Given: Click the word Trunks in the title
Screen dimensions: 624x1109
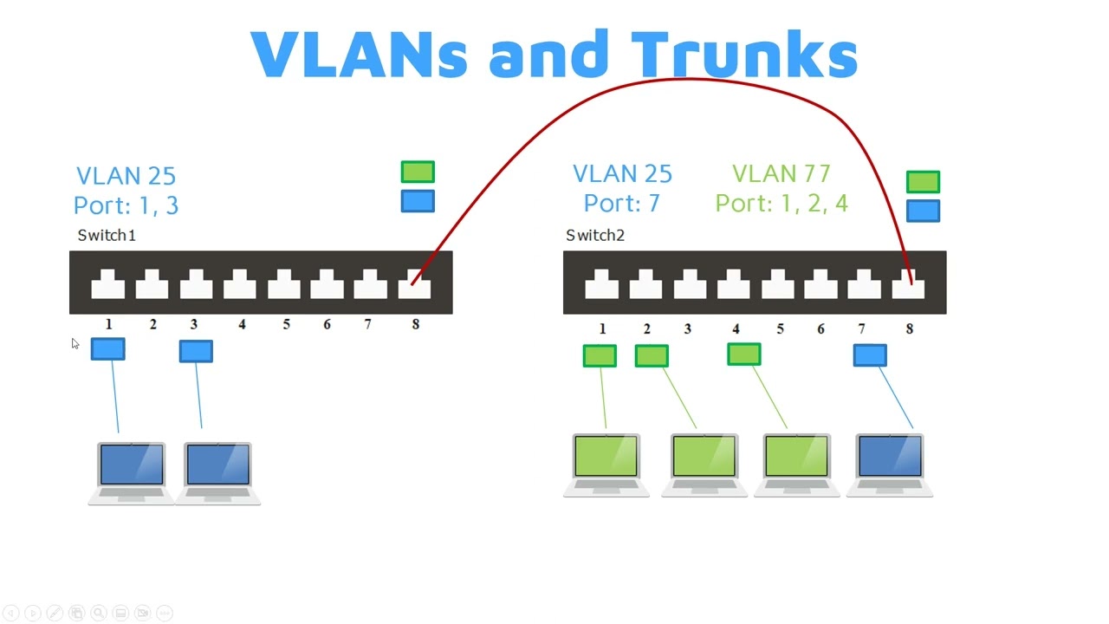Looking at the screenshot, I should [x=743, y=55].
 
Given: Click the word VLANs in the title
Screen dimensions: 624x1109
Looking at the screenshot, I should [x=359, y=55].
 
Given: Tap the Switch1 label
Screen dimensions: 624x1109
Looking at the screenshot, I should [x=107, y=235].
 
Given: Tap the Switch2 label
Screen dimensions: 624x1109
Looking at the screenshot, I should [x=595, y=235].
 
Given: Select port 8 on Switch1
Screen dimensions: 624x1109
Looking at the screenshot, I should [x=414, y=284].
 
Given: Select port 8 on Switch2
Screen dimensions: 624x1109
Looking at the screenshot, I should [x=908, y=284].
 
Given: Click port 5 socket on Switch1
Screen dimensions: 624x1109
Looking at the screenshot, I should [x=283, y=284].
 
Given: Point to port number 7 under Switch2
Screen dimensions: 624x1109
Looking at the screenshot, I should [x=861, y=329].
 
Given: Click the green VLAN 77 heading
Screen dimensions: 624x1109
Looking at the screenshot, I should [x=781, y=174].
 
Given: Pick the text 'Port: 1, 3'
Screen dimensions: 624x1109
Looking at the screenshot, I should [x=126, y=205].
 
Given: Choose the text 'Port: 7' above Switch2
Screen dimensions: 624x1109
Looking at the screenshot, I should [x=621, y=204].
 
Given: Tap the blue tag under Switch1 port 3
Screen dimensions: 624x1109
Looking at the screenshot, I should [x=196, y=351].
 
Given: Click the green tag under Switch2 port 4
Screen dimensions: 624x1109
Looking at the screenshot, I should [x=744, y=354].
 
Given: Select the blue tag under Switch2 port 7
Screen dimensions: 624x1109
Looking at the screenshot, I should [x=870, y=355].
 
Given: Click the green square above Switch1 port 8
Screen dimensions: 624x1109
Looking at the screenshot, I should [x=418, y=172].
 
